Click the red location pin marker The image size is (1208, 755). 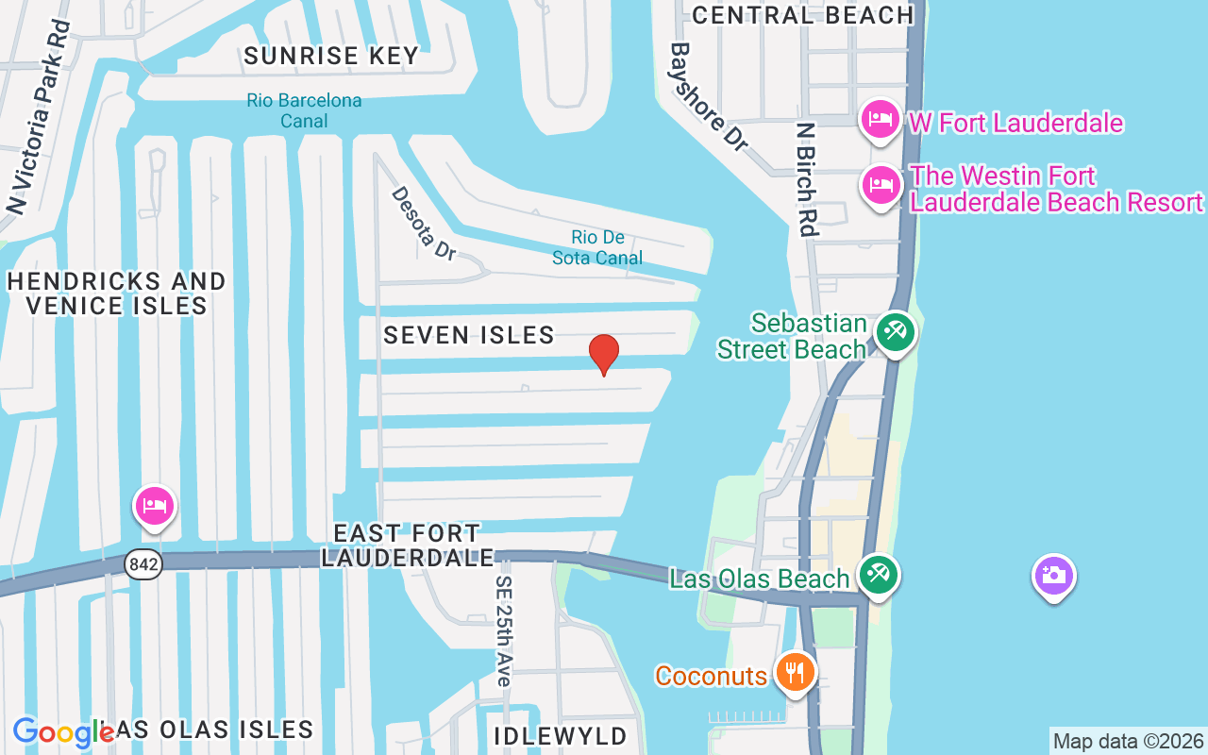(604, 355)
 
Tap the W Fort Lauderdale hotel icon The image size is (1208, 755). (880, 120)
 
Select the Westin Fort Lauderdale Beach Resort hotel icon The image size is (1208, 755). (880, 185)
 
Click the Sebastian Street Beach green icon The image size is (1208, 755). (894, 332)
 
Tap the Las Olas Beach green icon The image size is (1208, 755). (879, 575)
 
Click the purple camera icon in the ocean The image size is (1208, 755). (1053, 575)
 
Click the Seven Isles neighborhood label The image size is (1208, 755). (469, 335)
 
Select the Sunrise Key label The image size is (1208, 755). (331, 56)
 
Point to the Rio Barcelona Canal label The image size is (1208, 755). (304, 110)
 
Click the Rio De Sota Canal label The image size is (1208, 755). (597, 247)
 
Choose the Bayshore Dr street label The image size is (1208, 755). (709, 95)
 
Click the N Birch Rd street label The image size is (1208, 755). (805, 178)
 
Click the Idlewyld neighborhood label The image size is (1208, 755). (560, 736)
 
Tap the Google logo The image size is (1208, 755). (61, 732)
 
